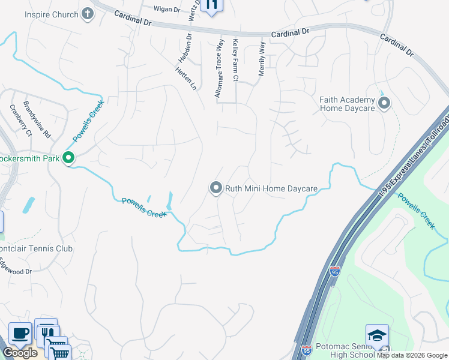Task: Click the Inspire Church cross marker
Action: point(88,14)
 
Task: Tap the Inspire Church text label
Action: point(52,14)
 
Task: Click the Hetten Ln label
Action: point(186,77)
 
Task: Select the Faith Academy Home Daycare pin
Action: point(384,103)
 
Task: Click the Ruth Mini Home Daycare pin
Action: point(215,188)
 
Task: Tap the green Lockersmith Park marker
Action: point(68,158)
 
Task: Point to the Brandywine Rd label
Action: point(37,119)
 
